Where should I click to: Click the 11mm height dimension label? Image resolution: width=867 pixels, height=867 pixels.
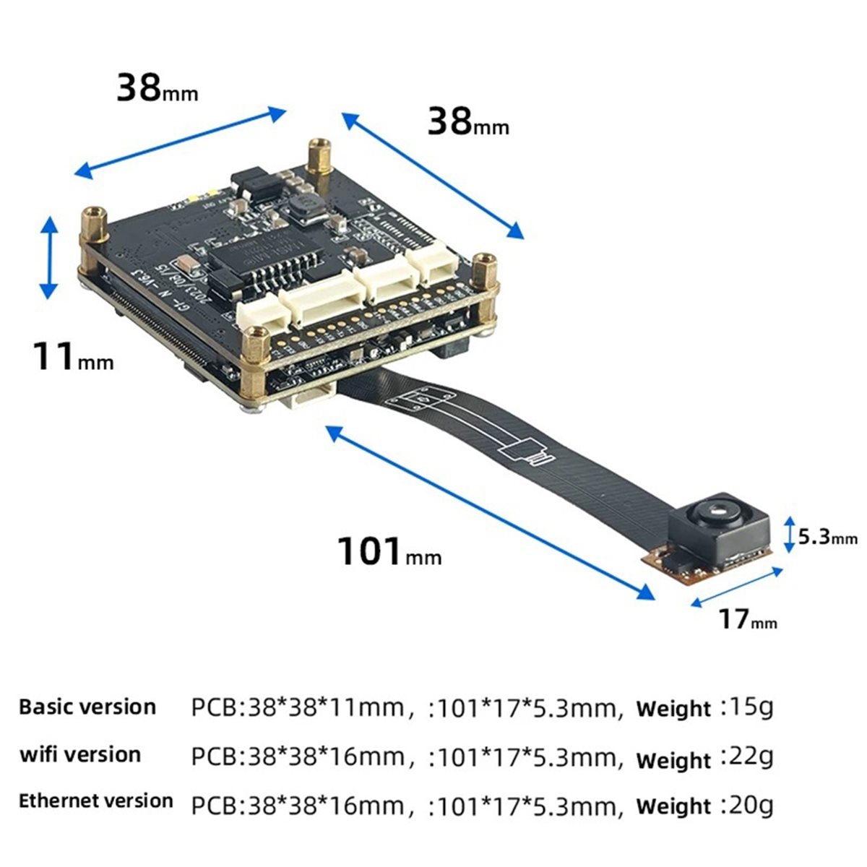[x=74, y=357]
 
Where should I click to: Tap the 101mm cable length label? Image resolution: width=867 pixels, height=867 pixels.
[x=389, y=551]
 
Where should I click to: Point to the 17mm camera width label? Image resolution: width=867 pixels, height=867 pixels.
[x=748, y=619]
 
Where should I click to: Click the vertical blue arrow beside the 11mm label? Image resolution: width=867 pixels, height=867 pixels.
[x=49, y=257]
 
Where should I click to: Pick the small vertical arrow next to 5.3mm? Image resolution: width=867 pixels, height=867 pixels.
[x=790, y=535]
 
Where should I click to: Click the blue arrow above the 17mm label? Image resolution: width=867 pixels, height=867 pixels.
[x=737, y=587]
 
